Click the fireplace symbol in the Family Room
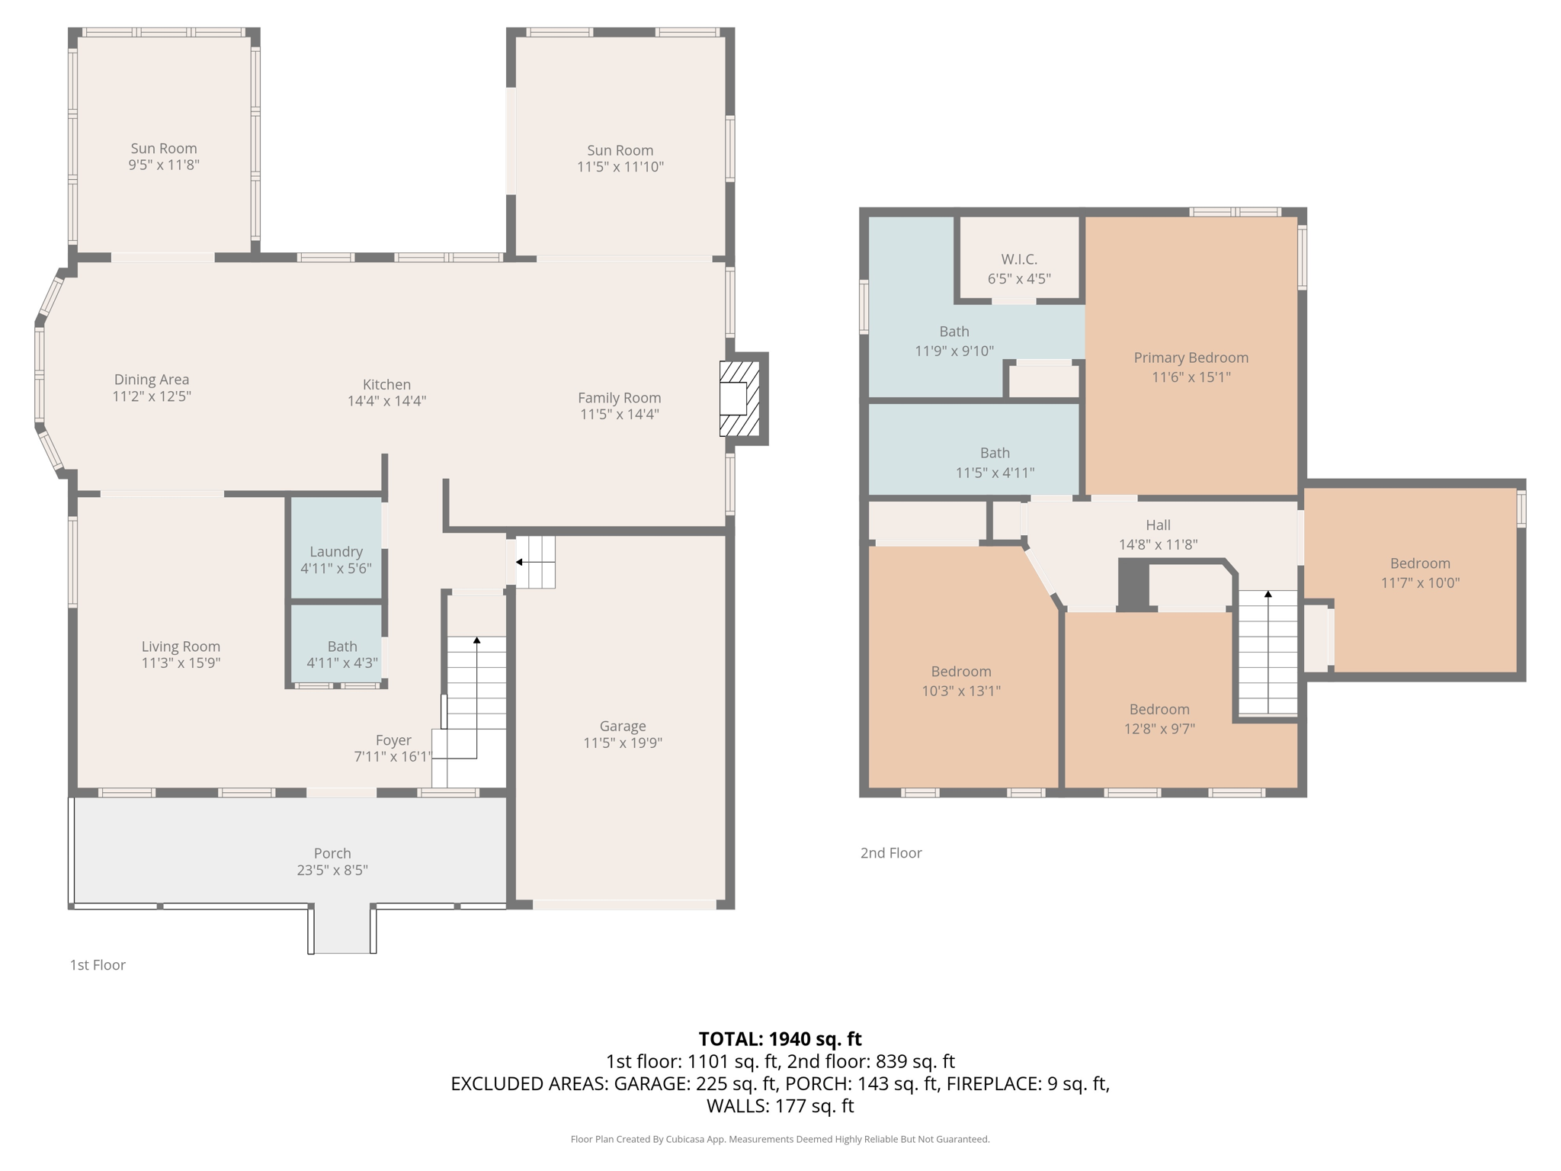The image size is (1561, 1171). click(x=739, y=398)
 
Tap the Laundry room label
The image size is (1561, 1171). click(x=335, y=551)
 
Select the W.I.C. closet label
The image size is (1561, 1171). click(x=1019, y=259)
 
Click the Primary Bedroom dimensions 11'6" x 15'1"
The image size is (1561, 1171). click(x=1191, y=377)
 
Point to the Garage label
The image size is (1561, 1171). click(x=622, y=726)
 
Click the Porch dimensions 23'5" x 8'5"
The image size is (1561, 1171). click(x=332, y=870)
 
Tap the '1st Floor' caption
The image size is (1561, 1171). click(x=98, y=964)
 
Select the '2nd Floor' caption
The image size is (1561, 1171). click(x=891, y=852)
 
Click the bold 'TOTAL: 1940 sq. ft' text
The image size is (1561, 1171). click(x=780, y=1038)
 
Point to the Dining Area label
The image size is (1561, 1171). click(x=152, y=379)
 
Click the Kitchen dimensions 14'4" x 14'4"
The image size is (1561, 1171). click(x=386, y=401)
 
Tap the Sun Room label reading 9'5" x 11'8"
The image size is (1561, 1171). click(x=163, y=156)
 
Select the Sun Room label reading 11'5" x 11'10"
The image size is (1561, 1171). click(x=620, y=159)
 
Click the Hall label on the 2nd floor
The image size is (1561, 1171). click(x=1158, y=525)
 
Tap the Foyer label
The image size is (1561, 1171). click(x=393, y=739)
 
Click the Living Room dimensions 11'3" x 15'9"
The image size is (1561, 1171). click(x=181, y=663)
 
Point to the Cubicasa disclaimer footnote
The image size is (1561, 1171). click(x=780, y=1139)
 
